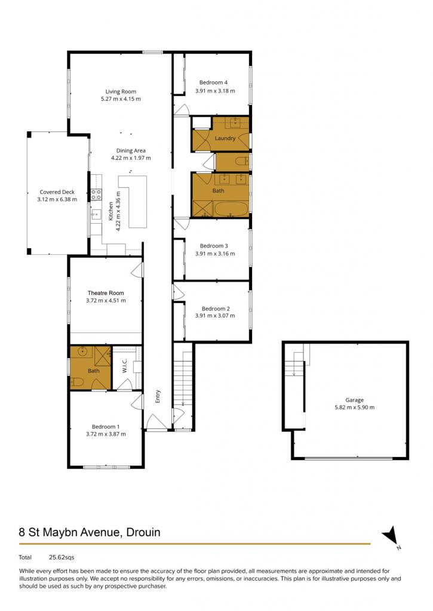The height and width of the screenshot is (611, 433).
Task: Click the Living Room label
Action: pyautogui.click(x=121, y=91)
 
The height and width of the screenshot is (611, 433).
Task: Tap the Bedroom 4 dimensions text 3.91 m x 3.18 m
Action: pyautogui.click(x=215, y=91)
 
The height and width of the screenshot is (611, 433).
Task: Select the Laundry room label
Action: pyautogui.click(x=225, y=138)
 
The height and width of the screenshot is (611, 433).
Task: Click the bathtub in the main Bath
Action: pyautogui.click(x=231, y=208)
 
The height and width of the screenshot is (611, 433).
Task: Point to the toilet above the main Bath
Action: pyautogui.click(x=242, y=161)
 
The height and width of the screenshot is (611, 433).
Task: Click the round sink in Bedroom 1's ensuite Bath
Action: pyautogui.click(x=82, y=351)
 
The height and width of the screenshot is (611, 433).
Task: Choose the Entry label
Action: pyautogui.click(x=158, y=396)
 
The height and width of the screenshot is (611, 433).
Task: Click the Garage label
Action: pyautogui.click(x=354, y=400)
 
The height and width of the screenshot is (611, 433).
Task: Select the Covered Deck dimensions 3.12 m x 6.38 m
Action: pyautogui.click(x=57, y=199)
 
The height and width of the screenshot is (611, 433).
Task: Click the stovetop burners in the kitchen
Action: pyautogui.click(x=96, y=194)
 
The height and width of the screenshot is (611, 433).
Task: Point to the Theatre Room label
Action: pyautogui.click(x=106, y=292)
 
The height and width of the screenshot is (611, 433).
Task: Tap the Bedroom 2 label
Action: pyautogui.click(x=216, y=308)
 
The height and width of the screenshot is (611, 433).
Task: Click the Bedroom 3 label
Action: pyautogui.click(x=214, y=246)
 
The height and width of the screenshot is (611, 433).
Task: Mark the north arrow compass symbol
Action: pyautogui.click(x=391, y=536)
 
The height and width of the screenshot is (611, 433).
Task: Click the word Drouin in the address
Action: pyautogui.click(x=143, y=532)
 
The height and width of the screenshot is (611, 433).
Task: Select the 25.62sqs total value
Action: pyautogui.click(x=62, y=557)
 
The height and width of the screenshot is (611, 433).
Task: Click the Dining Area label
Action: pyautogui.click(x=131, y=151)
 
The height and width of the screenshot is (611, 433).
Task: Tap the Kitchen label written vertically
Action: pyautogui.click(x=111, y=211)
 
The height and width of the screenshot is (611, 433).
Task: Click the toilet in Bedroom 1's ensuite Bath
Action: pyautogui.click(x=76, y=382)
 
